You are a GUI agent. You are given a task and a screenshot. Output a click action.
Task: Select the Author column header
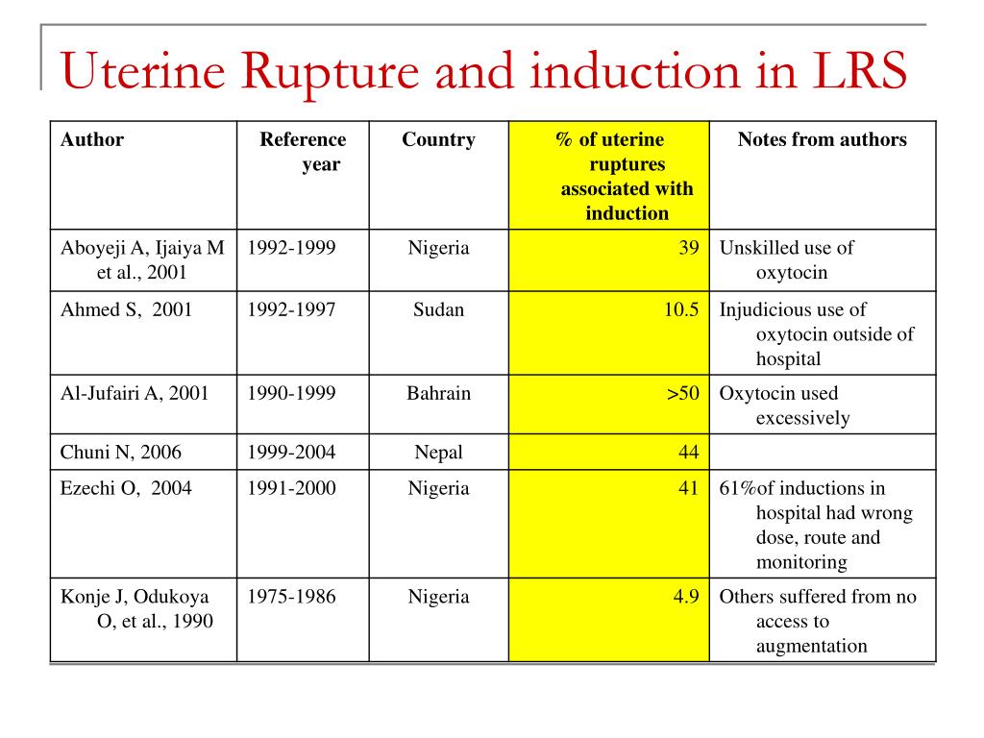point(92,140)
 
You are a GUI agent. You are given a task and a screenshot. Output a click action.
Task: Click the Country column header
point(438,140)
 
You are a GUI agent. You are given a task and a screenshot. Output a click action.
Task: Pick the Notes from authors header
point(822,140)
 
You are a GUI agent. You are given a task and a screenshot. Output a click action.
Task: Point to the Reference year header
point(303,152)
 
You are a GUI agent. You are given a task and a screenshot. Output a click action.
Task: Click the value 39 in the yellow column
point(688,248)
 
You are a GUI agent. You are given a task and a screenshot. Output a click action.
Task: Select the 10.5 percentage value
point(680,310)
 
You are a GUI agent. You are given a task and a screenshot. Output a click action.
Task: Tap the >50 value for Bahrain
point(683,394)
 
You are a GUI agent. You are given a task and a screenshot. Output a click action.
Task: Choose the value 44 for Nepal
point(688,453)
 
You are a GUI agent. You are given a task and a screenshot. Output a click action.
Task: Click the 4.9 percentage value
point(685,597)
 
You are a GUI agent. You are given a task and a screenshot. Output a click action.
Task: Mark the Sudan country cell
point(438,310)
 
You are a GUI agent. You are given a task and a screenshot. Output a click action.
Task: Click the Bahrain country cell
point(438,394)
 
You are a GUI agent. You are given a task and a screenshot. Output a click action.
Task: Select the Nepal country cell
point(438,453)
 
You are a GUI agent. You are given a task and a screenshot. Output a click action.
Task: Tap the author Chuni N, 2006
point(121,453)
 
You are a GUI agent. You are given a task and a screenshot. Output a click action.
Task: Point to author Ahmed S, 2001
point(126,310)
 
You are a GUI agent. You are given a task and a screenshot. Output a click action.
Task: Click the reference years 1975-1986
point(291,597)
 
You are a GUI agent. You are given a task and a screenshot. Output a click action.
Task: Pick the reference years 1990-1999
point(291,394)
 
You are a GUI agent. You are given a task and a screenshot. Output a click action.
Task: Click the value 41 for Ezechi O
point(688,489)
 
